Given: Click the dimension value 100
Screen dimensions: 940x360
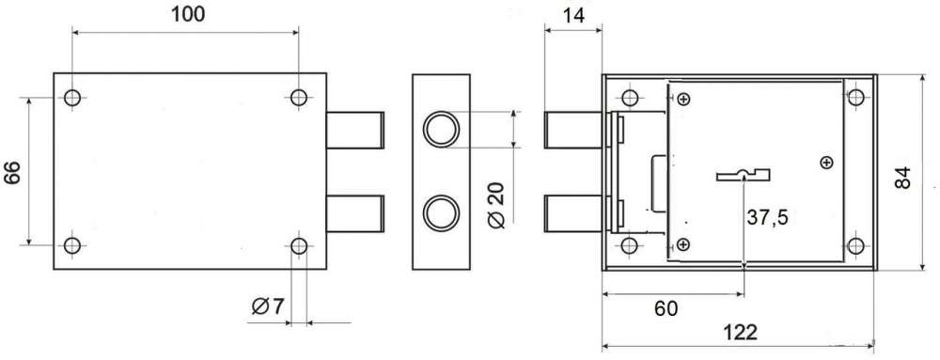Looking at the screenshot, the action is [x=188, y=14].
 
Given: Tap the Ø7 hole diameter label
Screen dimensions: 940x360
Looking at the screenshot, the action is [x=267, y=307].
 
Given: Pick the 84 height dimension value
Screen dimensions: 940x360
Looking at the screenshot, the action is [x=902, y=178].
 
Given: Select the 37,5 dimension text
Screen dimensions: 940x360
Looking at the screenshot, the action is [x=767, y=219].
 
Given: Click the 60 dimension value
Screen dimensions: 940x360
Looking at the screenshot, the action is [x=666, y=309].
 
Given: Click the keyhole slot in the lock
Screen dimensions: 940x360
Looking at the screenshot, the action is [x=744, y=174].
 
